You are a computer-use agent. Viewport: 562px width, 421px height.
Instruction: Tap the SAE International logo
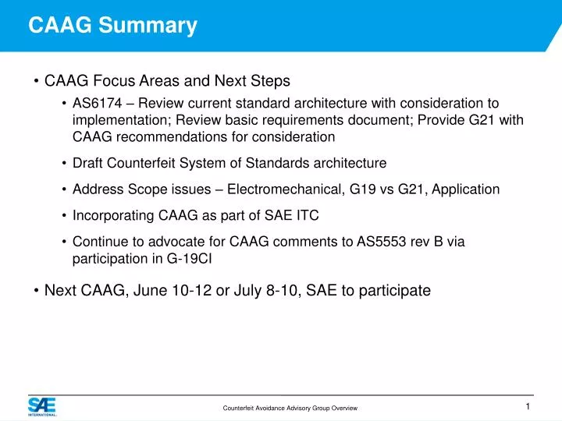coord(41,407)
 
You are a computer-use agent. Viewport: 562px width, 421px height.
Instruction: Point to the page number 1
coord(528,407)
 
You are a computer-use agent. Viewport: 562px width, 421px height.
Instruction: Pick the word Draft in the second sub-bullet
coord(87,163)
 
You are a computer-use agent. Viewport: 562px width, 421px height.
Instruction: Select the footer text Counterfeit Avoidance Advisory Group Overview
coord(290,409)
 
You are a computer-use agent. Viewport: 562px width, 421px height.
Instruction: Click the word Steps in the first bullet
coord(270,81)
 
